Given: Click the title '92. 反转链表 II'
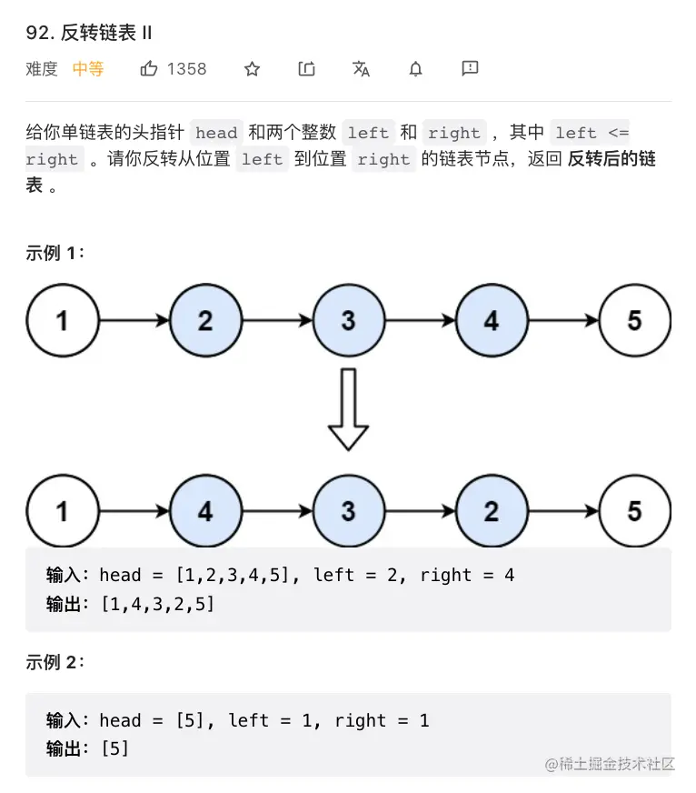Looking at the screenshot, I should (89, 33).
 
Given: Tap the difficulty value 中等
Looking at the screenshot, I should (88, 69).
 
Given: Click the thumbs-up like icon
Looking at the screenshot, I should (149, 69).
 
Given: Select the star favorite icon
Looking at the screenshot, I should (253, 69).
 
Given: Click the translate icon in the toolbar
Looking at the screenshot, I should (361, 69).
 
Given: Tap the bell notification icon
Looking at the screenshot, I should (415, 69).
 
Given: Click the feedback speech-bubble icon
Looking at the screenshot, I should (470, 68).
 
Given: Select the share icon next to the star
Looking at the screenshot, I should (307, 69).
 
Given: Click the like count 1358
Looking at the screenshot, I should (186, 69).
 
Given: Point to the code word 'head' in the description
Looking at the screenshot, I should (216, 133).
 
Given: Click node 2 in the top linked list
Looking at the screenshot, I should (205, 320).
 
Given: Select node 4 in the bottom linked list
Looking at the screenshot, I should (205, 511).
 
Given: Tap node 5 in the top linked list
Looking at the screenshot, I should (634, 320).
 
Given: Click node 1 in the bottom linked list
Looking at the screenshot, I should (62, 511).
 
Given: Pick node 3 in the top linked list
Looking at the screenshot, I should (348, 320).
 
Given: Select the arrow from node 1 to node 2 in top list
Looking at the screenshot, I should (134, 320).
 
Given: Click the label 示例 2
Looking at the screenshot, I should (55, 662).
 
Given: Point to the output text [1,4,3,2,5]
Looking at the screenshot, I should (157, 602).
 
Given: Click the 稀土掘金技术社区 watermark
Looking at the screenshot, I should (610, 764).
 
